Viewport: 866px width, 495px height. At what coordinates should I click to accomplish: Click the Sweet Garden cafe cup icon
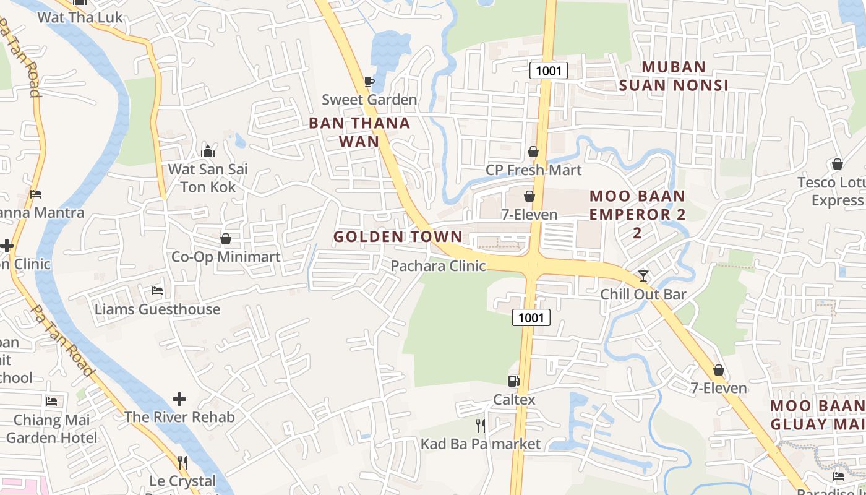369,82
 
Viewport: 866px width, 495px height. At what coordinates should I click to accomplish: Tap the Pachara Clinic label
438,266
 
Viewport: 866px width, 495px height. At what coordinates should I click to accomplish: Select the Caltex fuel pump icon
513,381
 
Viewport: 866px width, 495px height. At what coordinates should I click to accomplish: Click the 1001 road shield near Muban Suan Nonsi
549,71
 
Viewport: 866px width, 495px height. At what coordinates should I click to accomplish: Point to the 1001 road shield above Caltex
531,318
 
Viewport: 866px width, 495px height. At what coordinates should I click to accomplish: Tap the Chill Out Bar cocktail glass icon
643,275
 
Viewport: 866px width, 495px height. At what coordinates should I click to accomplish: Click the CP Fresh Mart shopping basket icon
533,152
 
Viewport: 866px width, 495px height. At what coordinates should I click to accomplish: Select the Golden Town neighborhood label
398,236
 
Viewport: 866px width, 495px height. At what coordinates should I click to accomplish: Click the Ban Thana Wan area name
359,132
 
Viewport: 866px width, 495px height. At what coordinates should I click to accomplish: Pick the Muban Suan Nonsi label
674,76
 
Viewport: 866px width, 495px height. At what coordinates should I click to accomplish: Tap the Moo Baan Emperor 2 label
637,214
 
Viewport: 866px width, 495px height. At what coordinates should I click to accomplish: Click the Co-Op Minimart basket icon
226,239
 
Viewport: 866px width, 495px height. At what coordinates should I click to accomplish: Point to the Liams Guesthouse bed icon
157,291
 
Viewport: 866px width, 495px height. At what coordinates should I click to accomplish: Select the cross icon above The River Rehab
179,399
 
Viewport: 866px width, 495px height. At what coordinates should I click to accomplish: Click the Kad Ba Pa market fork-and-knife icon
480,426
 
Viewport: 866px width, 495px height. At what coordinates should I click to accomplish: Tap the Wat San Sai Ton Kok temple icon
208,151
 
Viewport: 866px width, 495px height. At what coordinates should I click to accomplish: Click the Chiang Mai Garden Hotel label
52,429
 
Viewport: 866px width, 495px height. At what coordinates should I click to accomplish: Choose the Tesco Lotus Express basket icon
837,164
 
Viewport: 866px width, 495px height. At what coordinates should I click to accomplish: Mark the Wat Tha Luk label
80,17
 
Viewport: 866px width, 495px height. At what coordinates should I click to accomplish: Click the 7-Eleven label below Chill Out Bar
719,388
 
